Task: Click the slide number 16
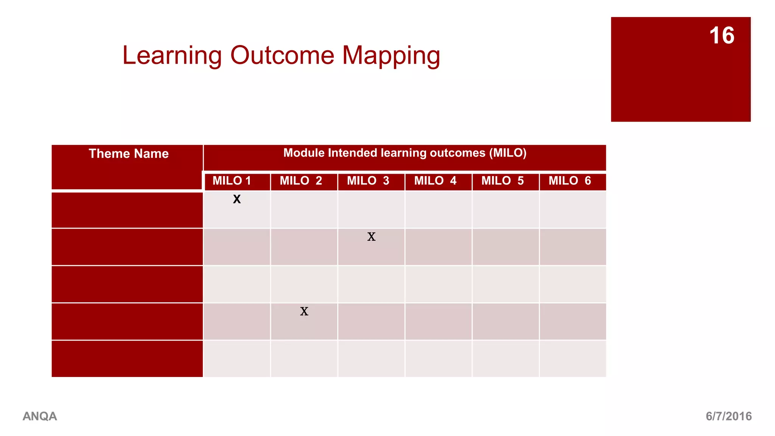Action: pyautogui.click(x=722, y=36)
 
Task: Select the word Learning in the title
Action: pyautogui.click(x=172, y=56)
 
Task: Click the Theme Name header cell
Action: pyautogui.click(x=129, y=154)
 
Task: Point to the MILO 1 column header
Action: pyautogui.click(x=232, y=181)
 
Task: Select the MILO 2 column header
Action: pyautogui.click(x=301, y=181)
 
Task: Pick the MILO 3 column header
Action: pyautogui.click(x=368, y=181)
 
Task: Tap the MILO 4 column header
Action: pyautogui.click(x=435, y=181)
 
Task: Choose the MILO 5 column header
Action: pyautogui.click(x=503, y=181)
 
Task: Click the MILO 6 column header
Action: pyautogui.click(x=570, y=181)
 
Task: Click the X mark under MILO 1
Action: pyautogui.click(x=237, y=199)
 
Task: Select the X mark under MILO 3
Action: pyautogui.click(x=371, y=237)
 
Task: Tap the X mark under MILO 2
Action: pyautogui.click(x=304, y=311)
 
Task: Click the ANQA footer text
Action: pyautogui.click(x=40, y=416)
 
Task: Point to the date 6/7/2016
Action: pyautogui.click(x=728, y=416)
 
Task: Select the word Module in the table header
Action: pyautogui.click(x=304, y=153)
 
